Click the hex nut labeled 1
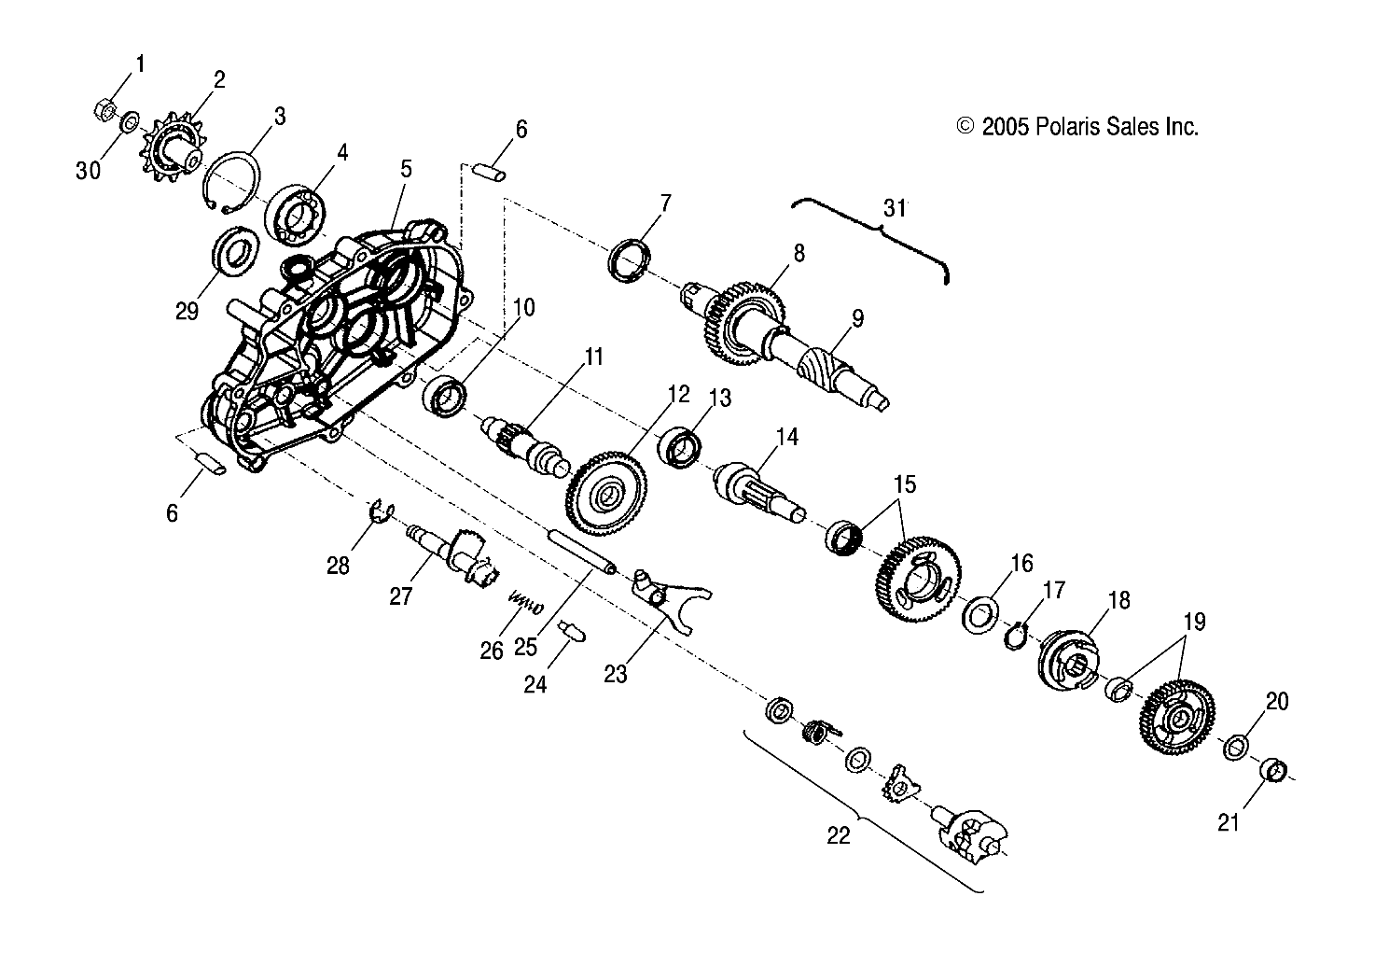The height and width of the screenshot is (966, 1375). tap(105, 111)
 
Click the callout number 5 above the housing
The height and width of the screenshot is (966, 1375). tap(407, 169)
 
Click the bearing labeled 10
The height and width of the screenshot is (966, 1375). tap(444, 395)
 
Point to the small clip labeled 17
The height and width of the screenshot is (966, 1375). tap(1019, 637)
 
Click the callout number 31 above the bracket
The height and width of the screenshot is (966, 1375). tap(895, 209)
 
